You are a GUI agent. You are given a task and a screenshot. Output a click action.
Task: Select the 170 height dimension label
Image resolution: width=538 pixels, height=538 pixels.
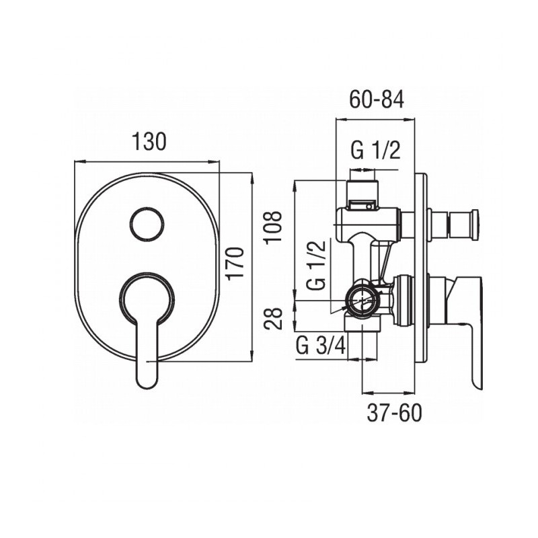click(x=237, y=264)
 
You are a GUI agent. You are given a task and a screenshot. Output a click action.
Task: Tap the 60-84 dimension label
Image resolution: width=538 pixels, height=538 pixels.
click(x=377, y=100)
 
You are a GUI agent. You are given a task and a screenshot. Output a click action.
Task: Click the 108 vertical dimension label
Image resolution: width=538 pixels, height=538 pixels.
click(x=274, y=227)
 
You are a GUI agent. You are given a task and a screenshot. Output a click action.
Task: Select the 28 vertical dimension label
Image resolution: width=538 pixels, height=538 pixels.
click(x=274, y=318)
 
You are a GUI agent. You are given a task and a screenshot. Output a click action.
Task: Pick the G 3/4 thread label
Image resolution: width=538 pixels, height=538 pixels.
click(x=321, y=346)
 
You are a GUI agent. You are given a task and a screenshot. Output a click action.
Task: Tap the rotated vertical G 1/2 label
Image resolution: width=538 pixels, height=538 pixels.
click(x=316, y=265)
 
